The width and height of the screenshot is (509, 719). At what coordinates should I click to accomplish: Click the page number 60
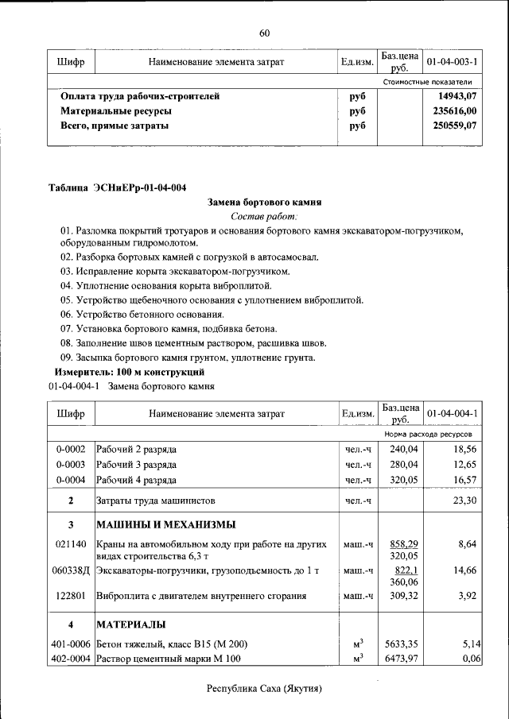[x=265, y=33]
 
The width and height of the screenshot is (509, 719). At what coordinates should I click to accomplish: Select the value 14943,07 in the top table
[x=457, y=96]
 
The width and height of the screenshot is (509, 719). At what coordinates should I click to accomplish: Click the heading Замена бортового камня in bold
[x=264, y=203]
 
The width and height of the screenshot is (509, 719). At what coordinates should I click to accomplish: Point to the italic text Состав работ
[x=264, y=216]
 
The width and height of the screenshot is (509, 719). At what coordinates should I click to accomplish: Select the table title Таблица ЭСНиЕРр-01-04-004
[x=118, y=187]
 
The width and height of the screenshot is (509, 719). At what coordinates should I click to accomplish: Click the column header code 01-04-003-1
[x=452, y=61]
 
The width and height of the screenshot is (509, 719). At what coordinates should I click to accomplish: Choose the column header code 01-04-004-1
[x=452, y=414]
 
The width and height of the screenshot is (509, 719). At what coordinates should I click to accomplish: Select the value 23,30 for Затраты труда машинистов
[x=464, y=501]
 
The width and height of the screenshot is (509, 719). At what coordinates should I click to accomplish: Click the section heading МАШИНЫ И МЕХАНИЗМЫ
[x=165, y=525]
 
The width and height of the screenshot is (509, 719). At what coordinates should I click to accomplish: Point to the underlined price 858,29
[x=403, y=544]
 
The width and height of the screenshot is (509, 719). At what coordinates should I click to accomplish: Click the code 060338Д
[x=72, y=570]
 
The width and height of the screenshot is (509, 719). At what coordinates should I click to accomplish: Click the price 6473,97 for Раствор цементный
[x=402, y=659]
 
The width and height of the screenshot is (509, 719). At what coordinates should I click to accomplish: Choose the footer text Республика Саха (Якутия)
[x=264, y=689]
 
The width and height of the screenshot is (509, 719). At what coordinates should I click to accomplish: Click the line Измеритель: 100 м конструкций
[x=130, y=372]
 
